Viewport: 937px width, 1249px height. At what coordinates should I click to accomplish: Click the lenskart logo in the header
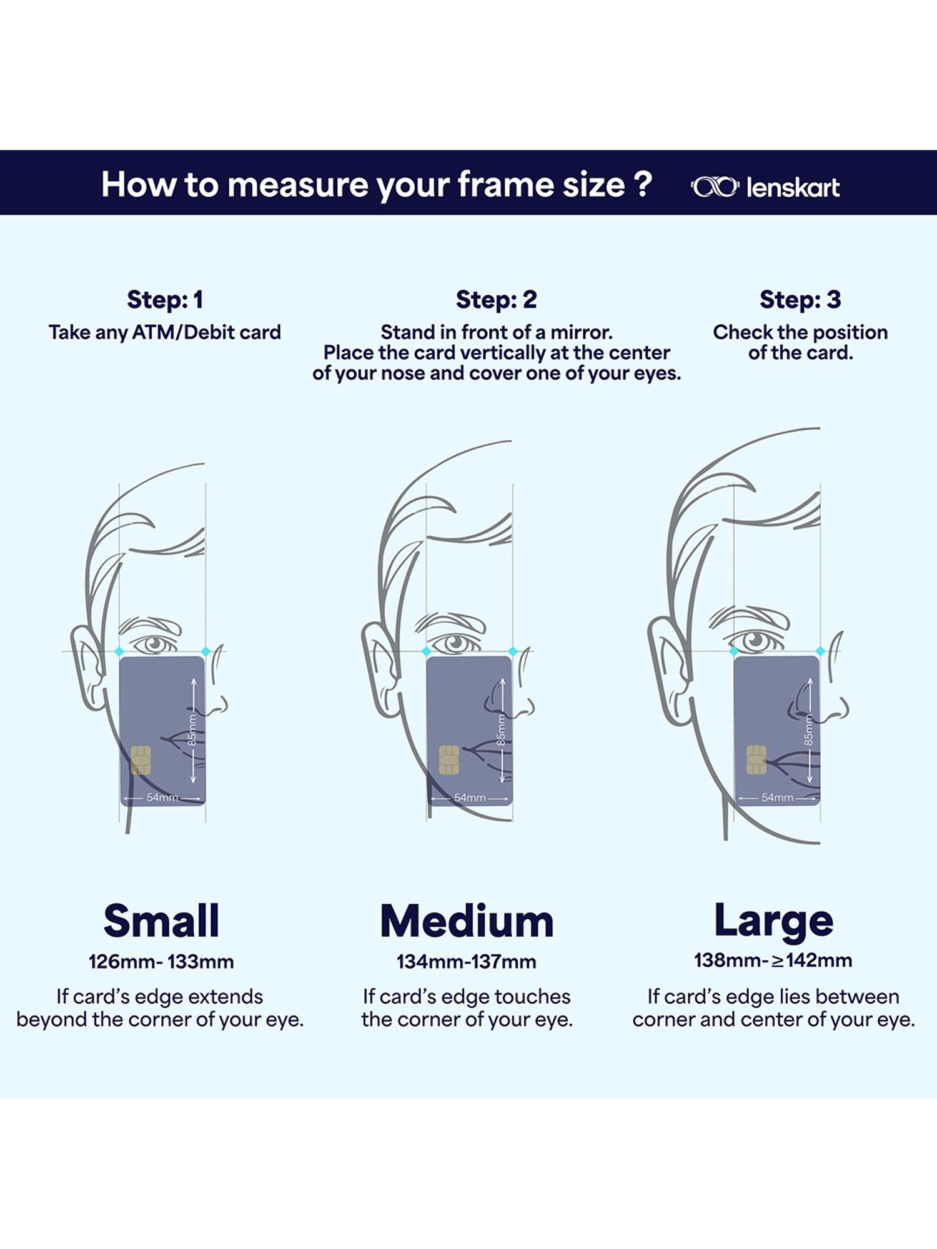point(765,187)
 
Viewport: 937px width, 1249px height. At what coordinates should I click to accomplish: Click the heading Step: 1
point(165,300)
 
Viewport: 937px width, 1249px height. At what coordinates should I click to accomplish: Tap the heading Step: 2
point(496,300)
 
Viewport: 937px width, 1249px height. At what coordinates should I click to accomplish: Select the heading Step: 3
point(800,300)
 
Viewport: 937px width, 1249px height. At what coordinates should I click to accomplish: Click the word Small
point(161,921)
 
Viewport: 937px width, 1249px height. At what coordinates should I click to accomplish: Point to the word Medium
point(467,921)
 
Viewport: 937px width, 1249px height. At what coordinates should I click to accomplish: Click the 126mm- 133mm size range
point(161,962)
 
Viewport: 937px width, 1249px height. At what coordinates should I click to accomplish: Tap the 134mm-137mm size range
point(467,962)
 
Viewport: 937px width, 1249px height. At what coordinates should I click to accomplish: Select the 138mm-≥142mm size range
point(773,960)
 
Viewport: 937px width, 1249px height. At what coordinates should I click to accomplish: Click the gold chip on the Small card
point(141,760)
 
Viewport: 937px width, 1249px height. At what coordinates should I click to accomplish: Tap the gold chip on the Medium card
point(449,760)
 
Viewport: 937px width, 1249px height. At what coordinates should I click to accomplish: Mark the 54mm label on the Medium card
point(470,797)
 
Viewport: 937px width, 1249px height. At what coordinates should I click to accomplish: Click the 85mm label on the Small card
point(192,730)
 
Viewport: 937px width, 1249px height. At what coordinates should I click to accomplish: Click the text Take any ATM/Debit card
point(165,332)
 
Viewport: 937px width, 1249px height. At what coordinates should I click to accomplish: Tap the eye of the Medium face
point(456,643)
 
